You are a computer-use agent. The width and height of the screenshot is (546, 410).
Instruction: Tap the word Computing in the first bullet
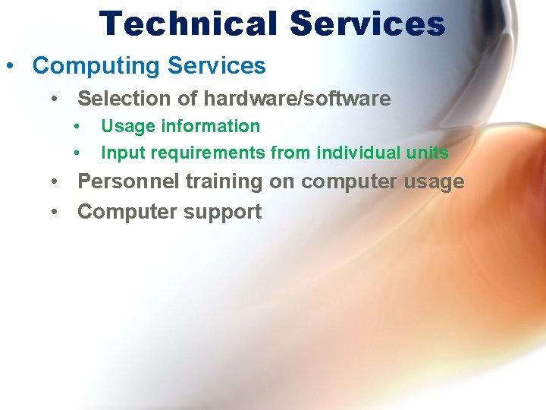point(96,66)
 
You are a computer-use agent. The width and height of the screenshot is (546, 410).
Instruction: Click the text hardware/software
point(297,99)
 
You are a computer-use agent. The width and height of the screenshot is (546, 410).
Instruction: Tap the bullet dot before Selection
point(55,99)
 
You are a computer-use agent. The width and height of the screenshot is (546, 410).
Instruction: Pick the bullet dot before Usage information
point(77,127)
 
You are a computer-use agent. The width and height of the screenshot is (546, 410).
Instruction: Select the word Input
point(121,153)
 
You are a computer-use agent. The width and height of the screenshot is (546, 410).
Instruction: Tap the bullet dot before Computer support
point(55,213)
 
